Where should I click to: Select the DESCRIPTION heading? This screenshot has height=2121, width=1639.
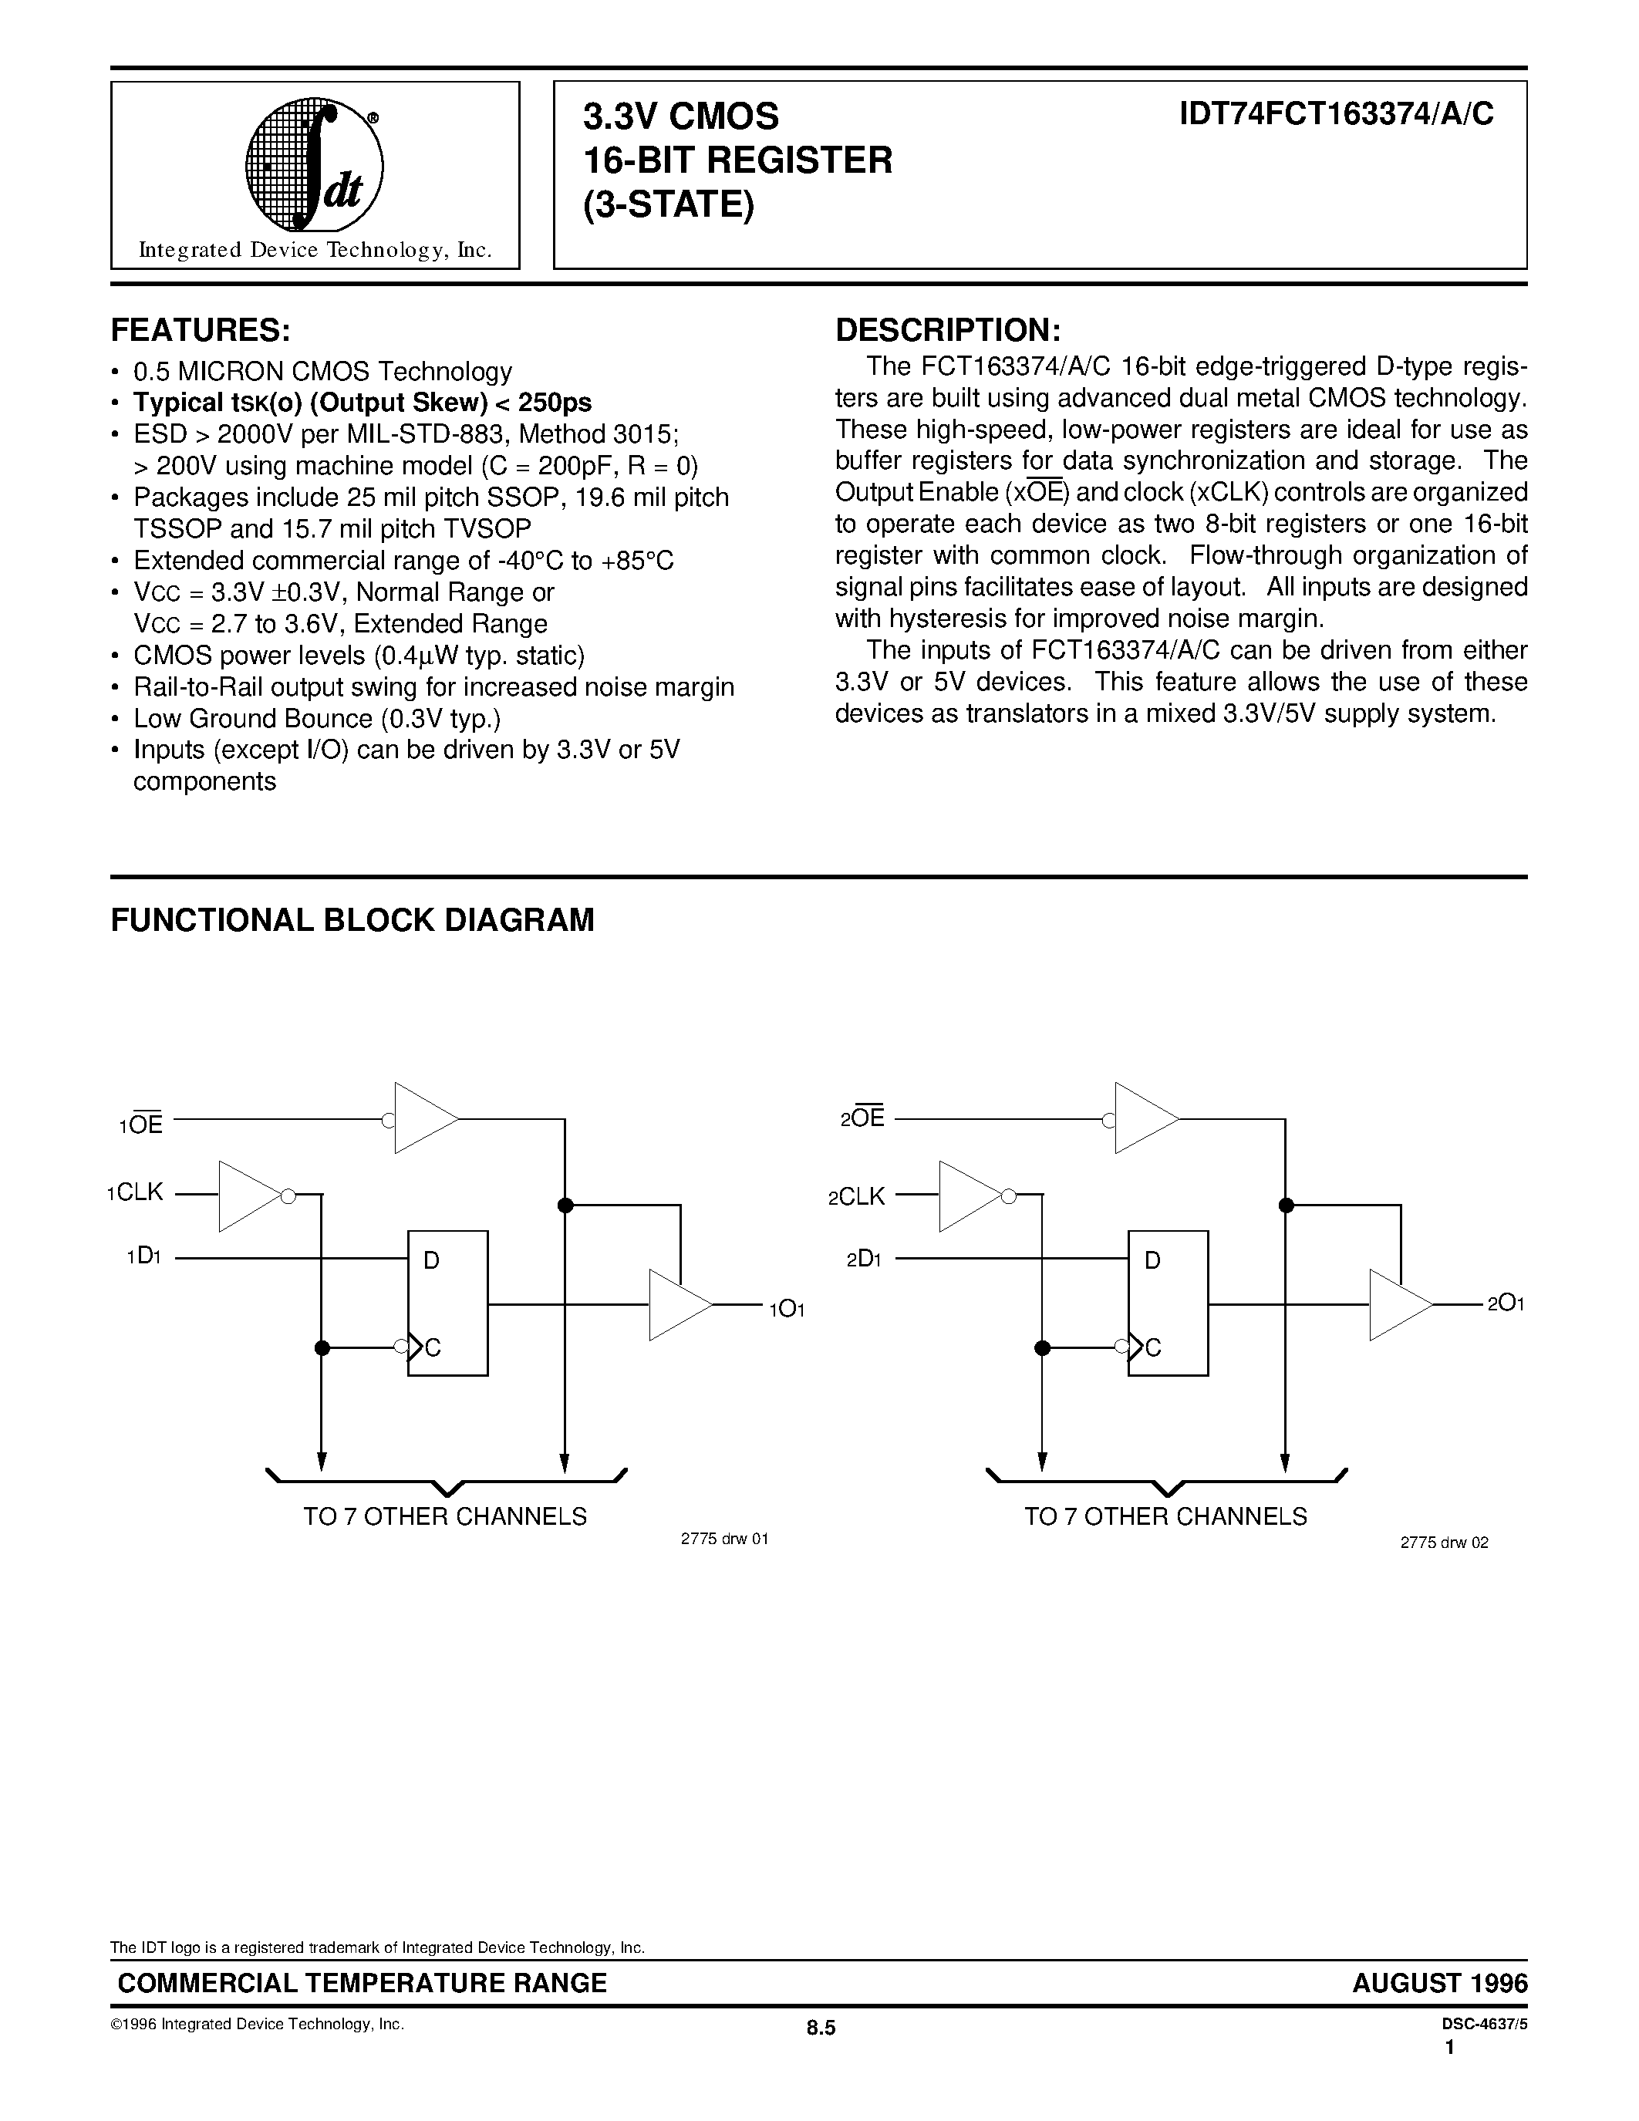click(x=948, y=330)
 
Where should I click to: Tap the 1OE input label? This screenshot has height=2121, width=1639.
click(x=142, y=1124)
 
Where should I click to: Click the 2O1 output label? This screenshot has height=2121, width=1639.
click(x=1505, y=1304)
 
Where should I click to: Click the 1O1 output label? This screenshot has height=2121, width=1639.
click(x=787, y=1309)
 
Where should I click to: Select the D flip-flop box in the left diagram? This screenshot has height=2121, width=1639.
click(x=447, y=1303)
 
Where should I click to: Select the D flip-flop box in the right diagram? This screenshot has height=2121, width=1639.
click(x=1167, y=1303)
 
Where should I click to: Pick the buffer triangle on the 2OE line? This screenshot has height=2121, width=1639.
click(x=1145, y=1118)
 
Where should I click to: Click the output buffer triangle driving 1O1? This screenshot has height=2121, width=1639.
click(x=679, y=1305)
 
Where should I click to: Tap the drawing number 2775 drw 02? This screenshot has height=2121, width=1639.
click(x=1444, y=1543)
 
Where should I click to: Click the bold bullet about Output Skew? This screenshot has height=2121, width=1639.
click(x=361, y=402)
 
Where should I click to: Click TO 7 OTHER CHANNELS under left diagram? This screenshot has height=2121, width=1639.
click(x=445, y=1516)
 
